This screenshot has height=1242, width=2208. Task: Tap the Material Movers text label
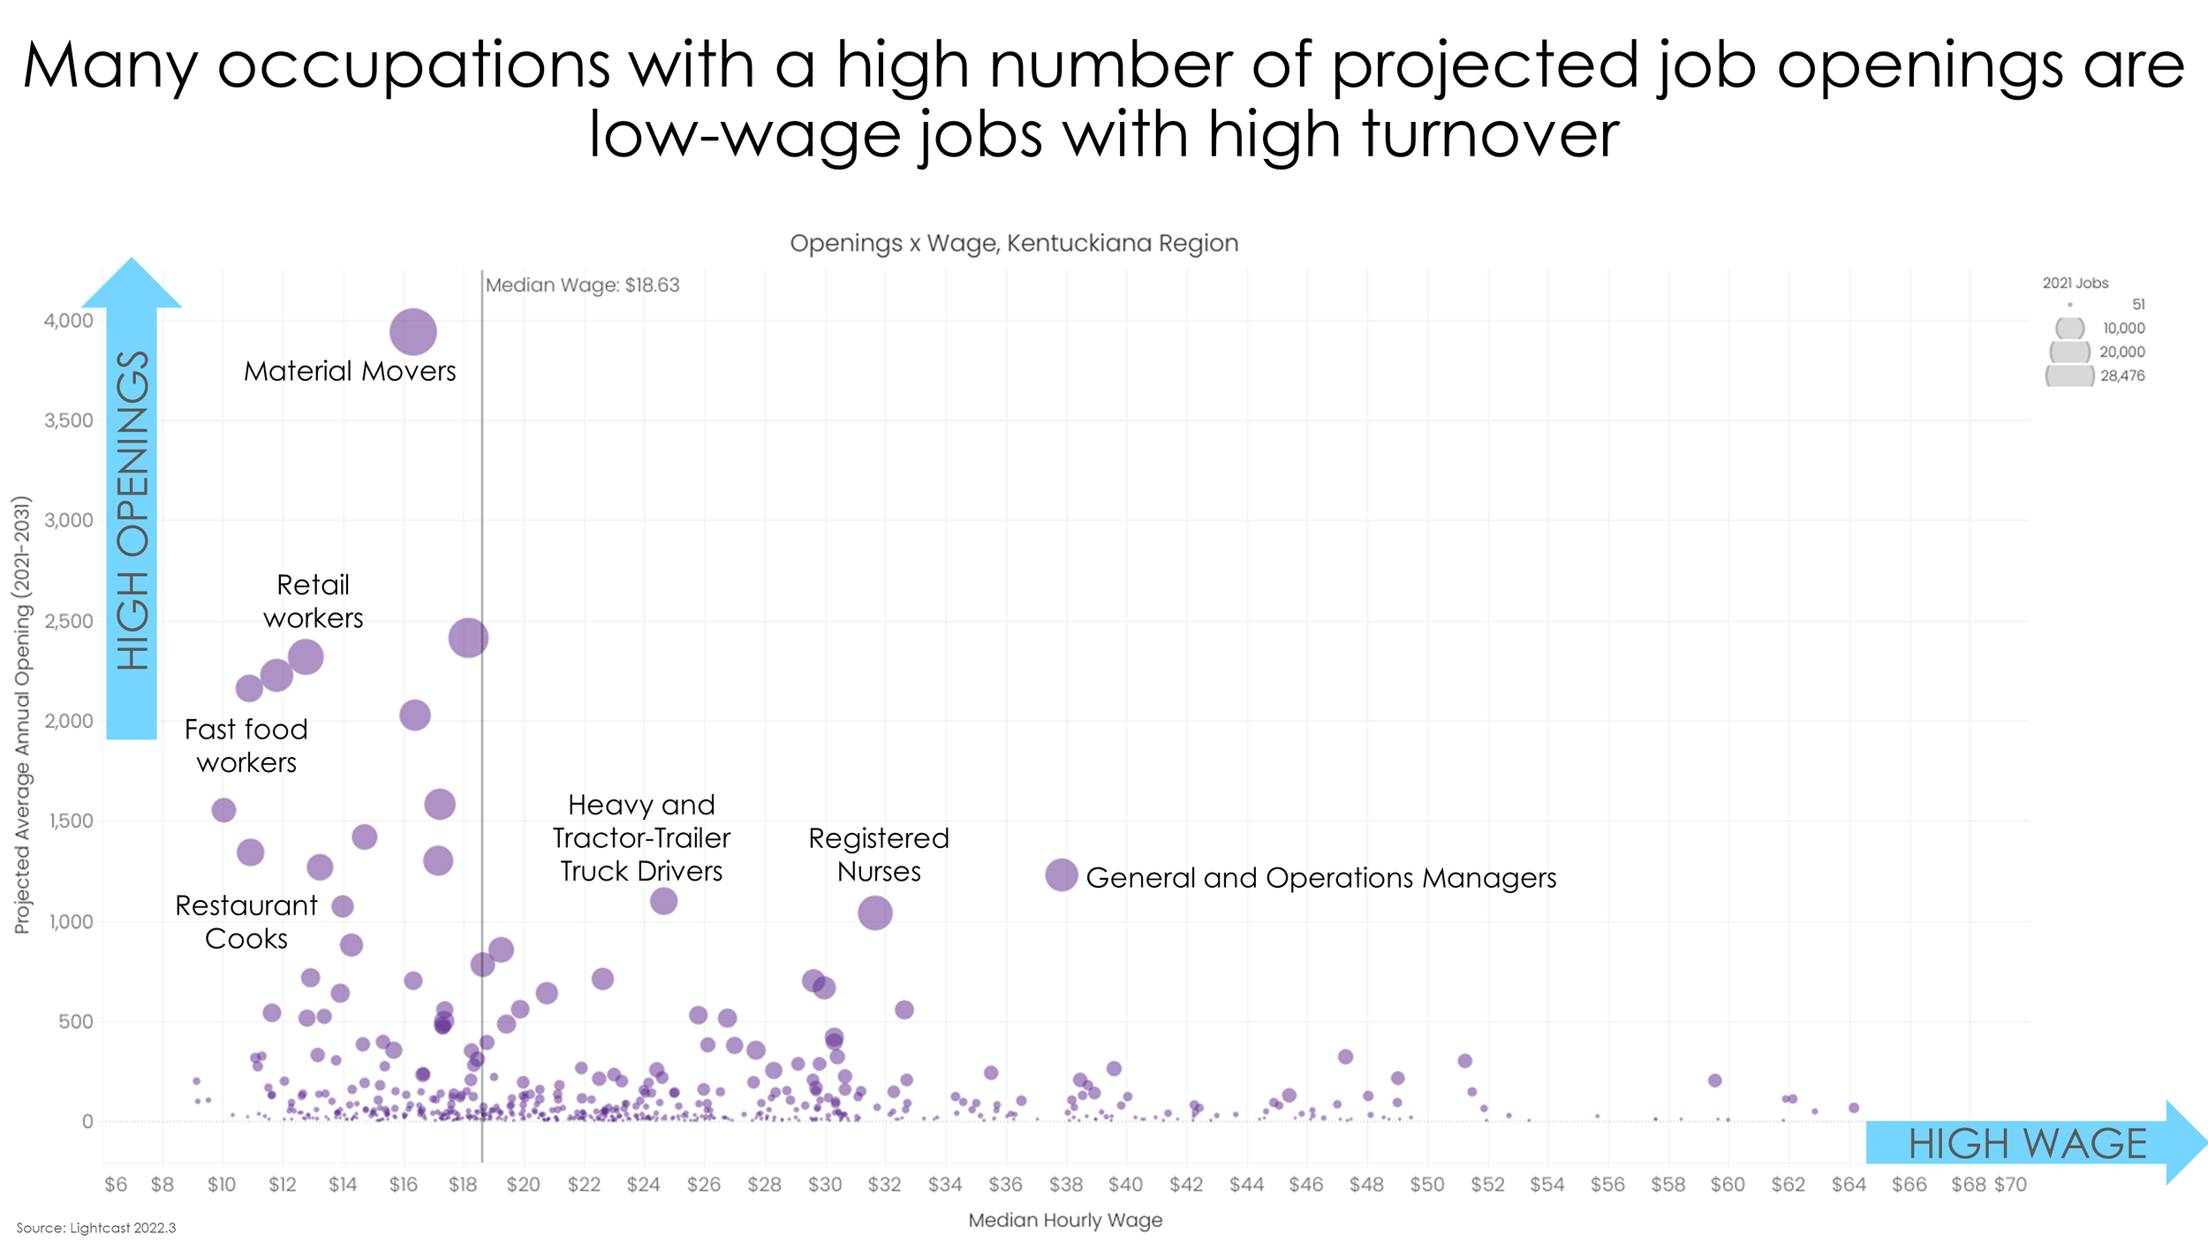350,371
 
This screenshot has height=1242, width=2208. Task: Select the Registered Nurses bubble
874,913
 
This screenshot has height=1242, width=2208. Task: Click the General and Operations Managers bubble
1061,875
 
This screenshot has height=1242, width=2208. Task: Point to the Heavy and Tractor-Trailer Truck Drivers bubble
663,901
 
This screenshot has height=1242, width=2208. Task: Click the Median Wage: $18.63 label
582,285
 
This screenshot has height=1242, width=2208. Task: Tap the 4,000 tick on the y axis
69,321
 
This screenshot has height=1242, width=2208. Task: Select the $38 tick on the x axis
1065,1185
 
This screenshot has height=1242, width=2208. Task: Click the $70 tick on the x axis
2010,1185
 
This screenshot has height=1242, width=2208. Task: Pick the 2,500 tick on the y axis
69,621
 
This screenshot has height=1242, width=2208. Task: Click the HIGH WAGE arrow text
2027,1144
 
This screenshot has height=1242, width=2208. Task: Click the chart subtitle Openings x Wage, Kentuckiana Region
1014,243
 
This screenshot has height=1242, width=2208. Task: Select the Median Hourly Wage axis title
1065,1220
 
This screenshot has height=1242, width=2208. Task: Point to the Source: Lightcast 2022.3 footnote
96,1228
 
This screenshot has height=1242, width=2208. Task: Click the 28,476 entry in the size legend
2121,375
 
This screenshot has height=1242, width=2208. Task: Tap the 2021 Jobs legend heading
2075,283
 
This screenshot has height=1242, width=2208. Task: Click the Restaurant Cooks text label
246,921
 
